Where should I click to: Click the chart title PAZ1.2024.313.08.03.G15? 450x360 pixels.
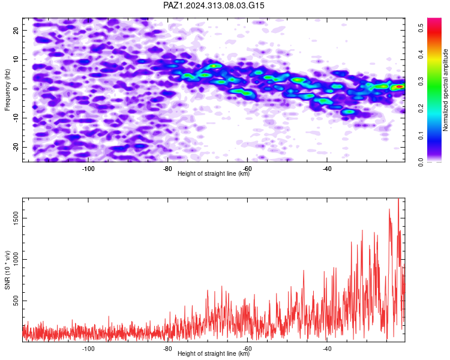pos(214,5)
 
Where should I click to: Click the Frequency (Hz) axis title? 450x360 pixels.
pos(7,90)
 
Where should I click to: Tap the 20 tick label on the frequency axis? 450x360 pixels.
pos(16,30)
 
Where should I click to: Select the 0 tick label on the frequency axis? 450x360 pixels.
pos(16,89)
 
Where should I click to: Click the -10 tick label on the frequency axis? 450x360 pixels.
pos(16,118)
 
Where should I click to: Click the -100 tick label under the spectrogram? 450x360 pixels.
pos(88,169)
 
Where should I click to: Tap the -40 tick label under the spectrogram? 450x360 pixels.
pos(327,169)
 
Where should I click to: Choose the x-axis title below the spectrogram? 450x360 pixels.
pos(214,173)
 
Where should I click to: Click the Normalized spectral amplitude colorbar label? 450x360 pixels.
pos(445,90)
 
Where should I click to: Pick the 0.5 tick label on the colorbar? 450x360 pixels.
pos(421,28)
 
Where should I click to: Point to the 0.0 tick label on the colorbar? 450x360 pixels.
pos(421,162)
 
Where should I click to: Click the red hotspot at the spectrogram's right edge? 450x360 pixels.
pos(399,86)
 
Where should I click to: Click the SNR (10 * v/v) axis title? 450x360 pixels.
pos(7,270)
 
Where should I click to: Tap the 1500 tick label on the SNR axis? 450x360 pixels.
pos(16,218)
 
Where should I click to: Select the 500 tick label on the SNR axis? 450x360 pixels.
pos(16,301)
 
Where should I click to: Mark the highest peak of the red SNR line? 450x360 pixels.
pos(398,199)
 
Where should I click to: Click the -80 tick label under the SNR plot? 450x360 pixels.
pos(167,349)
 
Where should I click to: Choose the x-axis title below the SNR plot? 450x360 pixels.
pos(214,353)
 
